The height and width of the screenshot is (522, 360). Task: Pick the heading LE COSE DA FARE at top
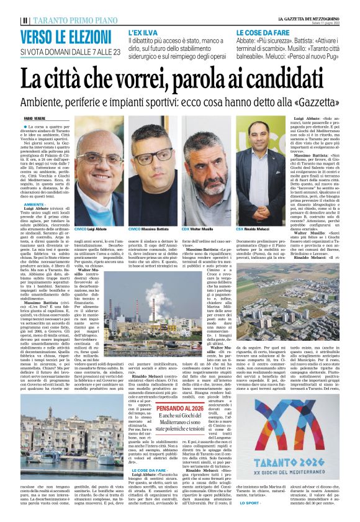[x=260, y=30]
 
